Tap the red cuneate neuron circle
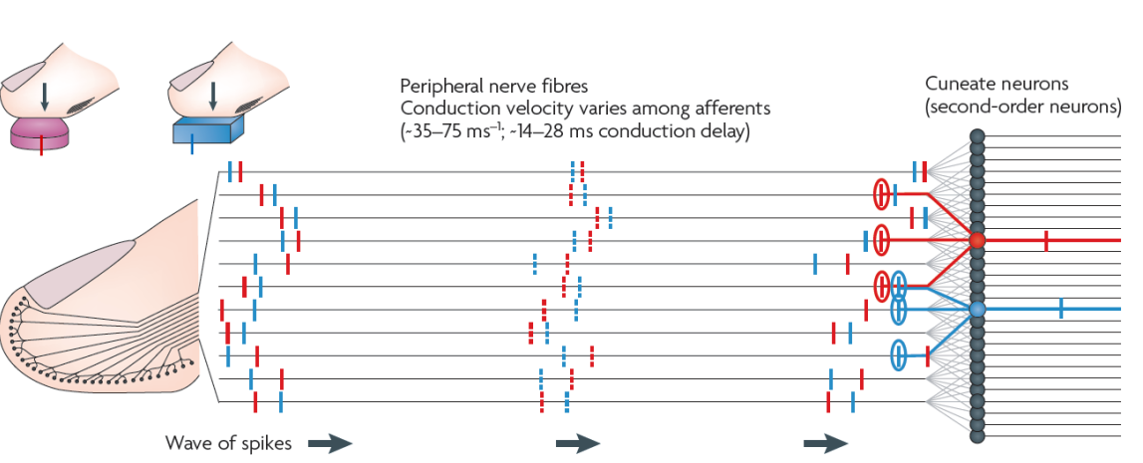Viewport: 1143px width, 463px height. [977, 240]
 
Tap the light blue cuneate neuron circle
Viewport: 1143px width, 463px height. [977, 311]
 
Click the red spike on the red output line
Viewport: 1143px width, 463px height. [1045, 240]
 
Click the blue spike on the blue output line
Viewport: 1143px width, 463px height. [1061, 310]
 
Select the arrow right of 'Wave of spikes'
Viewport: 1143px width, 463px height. [329, 444]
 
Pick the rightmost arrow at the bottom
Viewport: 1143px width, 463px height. [825, 444]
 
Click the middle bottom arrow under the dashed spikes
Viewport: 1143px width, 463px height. [578, 444]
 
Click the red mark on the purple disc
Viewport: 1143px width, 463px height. [41, 146]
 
